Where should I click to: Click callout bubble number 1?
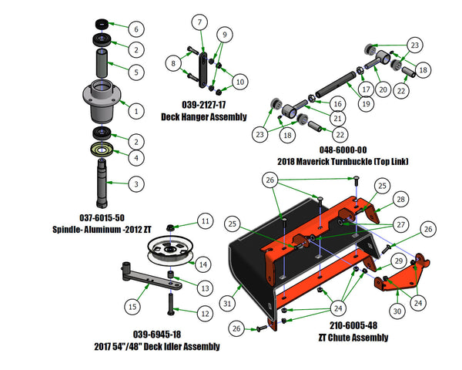136,111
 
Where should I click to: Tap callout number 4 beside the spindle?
136,158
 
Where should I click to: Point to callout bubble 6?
136,29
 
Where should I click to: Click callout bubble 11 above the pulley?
205,221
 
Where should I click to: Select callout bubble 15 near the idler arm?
133,307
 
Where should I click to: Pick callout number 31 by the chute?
228,303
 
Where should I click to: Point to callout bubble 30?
397,310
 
